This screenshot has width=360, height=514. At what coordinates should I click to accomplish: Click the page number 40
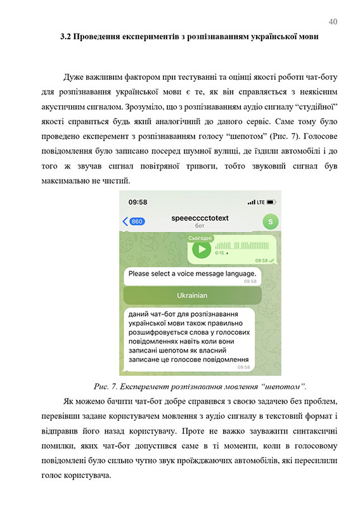tap(333, 22)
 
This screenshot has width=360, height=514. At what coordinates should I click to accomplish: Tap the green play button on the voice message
tap(202, 248)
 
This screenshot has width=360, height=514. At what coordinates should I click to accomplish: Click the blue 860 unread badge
tap(134, 221)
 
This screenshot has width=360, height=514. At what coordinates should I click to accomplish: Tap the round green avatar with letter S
tap(270, 221)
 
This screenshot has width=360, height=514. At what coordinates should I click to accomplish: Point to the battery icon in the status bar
tap(271, 202)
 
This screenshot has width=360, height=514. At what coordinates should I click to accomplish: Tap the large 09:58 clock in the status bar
tap(138, 202)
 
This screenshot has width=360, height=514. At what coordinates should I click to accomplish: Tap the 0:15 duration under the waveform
tap(219, 253)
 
